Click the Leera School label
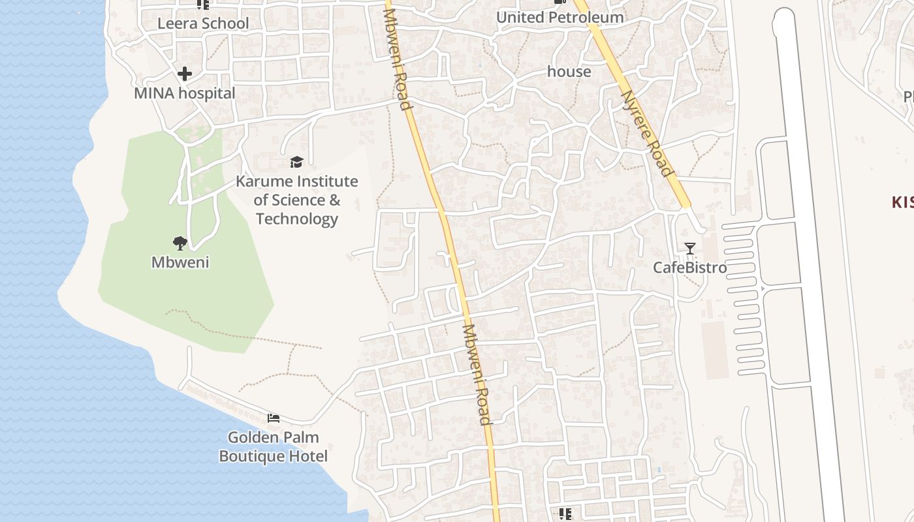click(203, 23)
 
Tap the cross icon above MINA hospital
click(185, 74)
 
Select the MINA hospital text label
click(184, 93)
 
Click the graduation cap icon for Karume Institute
click(296, 162)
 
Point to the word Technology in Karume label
click(296, 219)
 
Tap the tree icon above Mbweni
click(180, 243)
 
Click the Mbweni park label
click(180, 262)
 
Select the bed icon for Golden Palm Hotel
click(273, 418)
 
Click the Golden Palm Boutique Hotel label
click(273, 446)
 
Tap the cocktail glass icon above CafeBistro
click(689, 249)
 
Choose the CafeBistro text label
click(689, 268)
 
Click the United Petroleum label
click(559, 18)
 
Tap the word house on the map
click(569, 72)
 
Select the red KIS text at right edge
click(902, 202)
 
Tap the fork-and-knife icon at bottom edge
click(565, 514)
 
